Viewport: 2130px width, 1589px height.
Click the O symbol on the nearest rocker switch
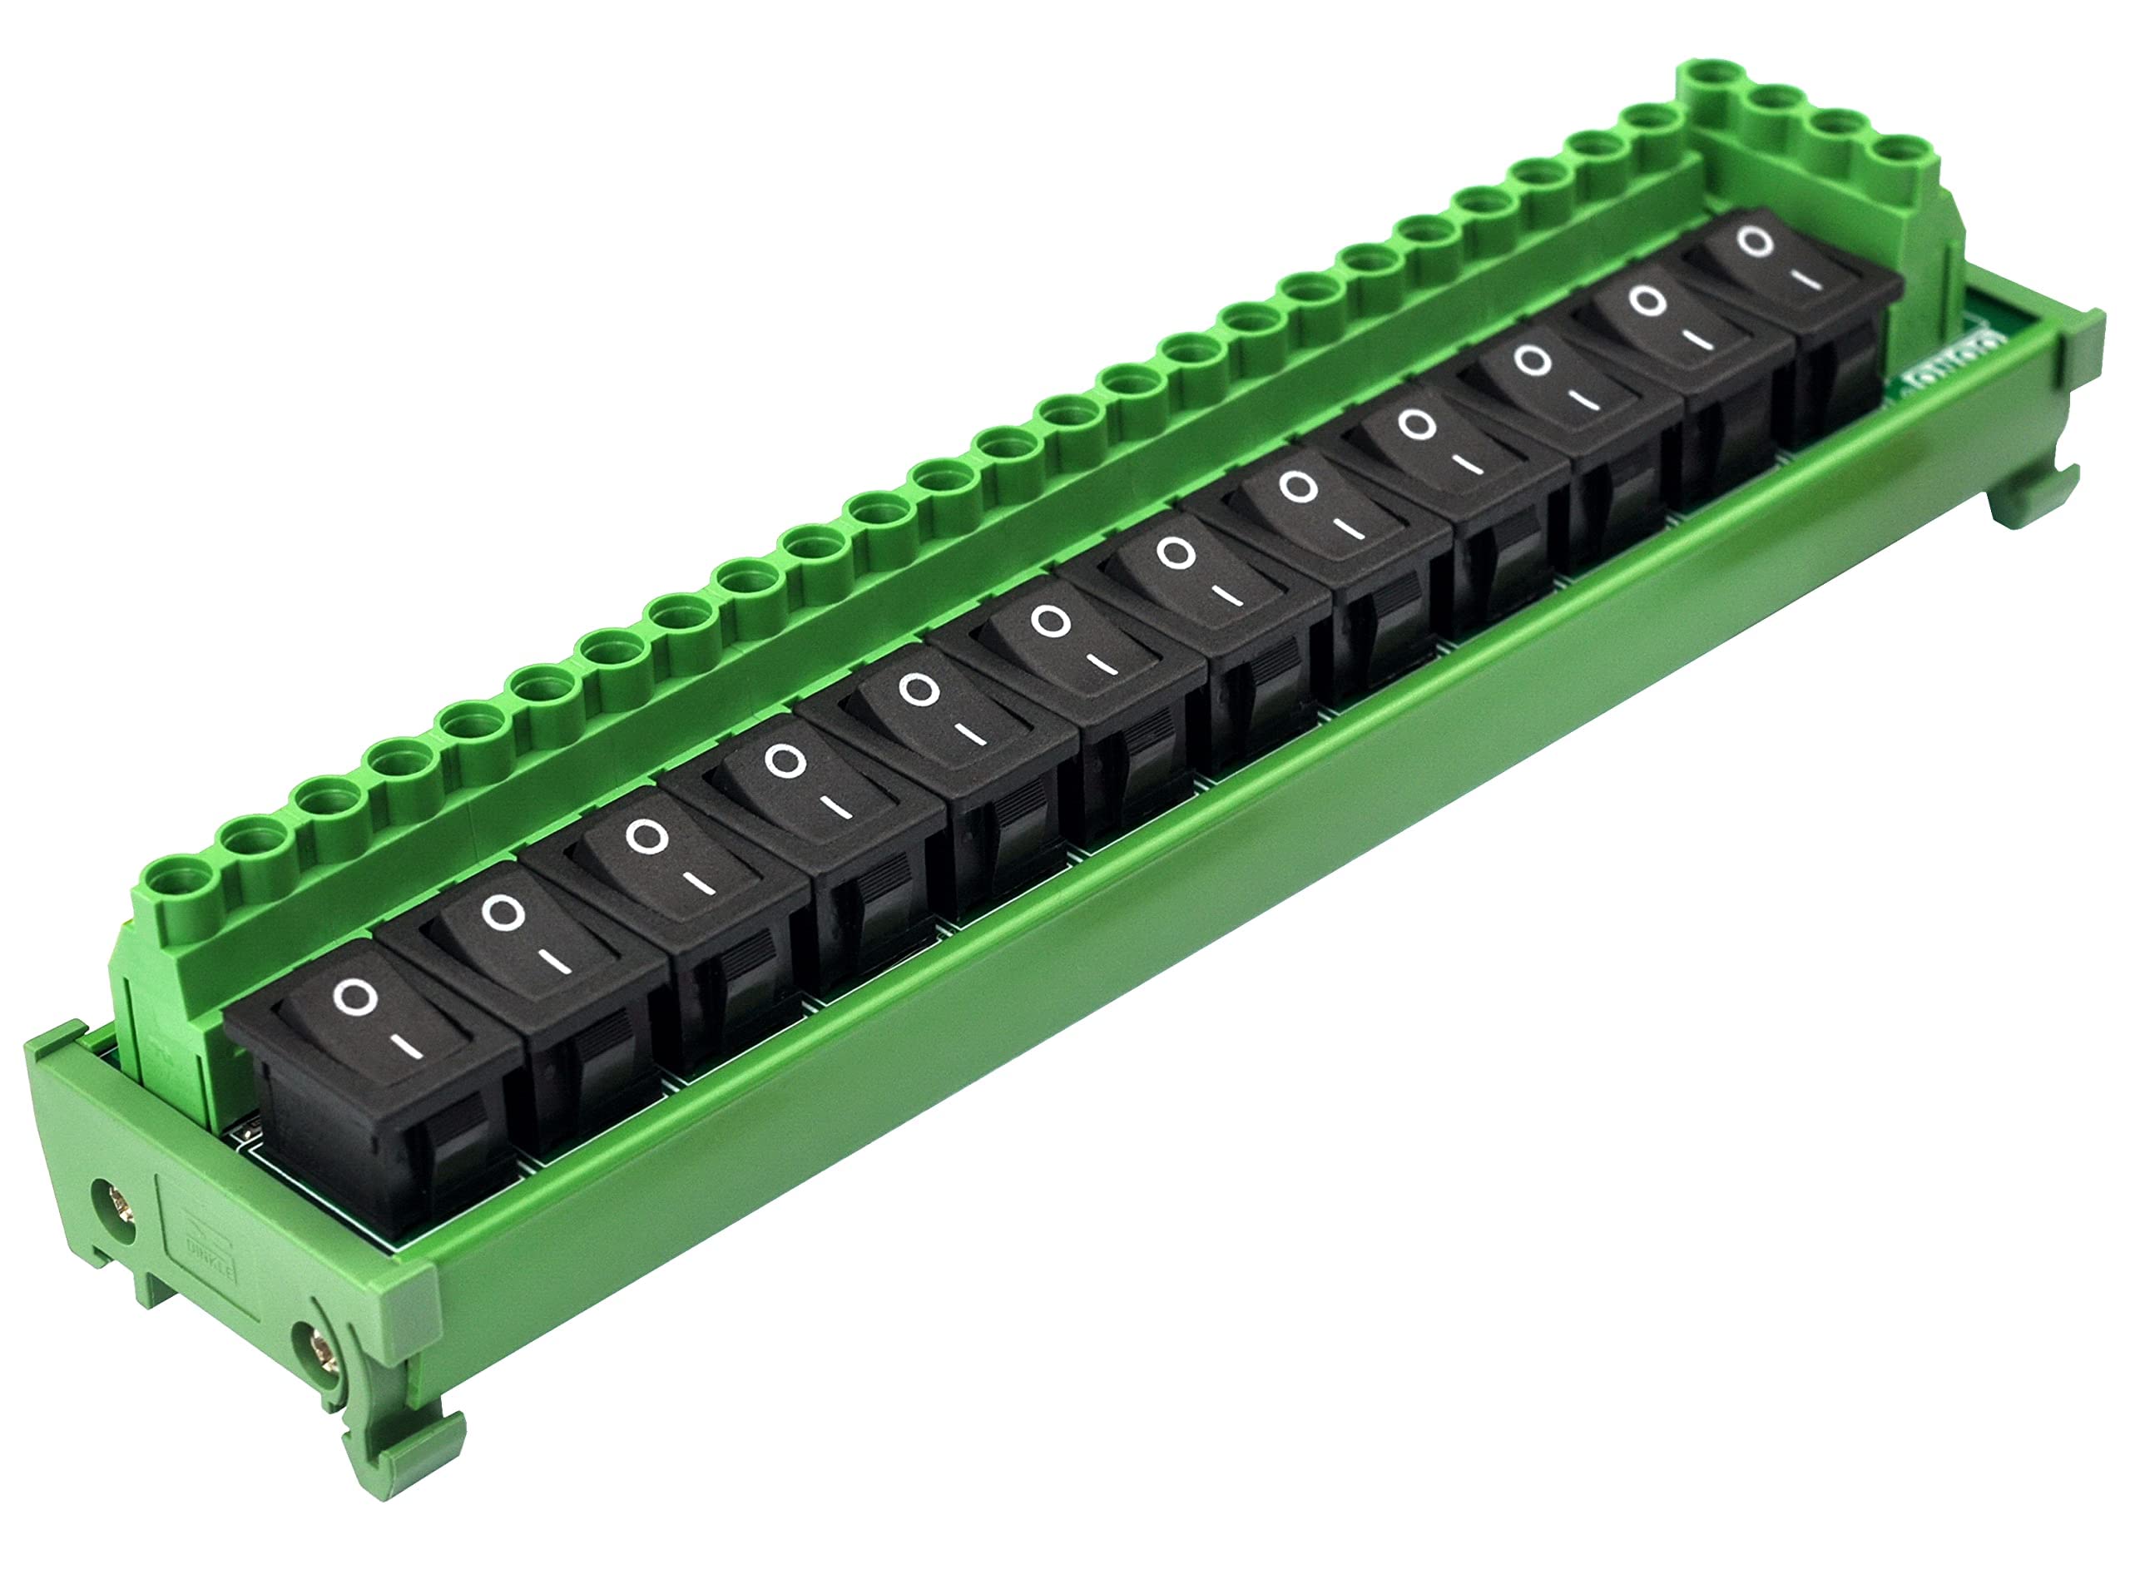[x=354, y=997]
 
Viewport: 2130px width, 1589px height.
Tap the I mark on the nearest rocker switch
[x=410, y=1049]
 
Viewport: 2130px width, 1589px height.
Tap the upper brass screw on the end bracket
[x=119, y=1205]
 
